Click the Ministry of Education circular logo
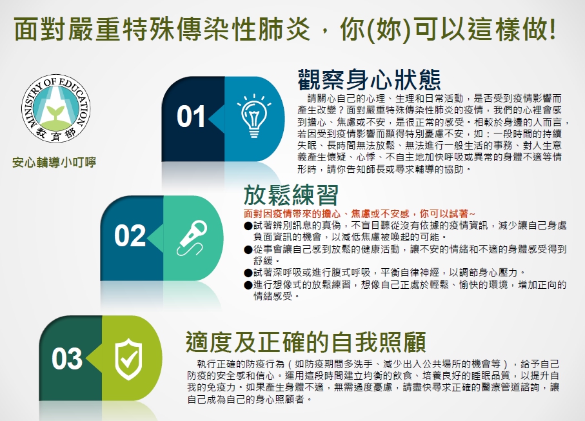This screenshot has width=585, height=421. tap(55, 108)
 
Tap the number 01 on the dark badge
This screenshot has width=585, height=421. tap(191, 116)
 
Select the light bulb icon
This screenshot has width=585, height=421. tap(254, 116)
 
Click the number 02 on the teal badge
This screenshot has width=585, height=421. tap(130, 236)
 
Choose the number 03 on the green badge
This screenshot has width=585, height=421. tap(67, 358)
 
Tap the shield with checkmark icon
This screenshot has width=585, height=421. tap(128, 358)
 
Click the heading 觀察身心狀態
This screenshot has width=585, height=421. tap(369, 79)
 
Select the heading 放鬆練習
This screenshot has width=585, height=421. tap(291, 195)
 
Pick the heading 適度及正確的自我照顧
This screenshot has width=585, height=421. tap(306, 342)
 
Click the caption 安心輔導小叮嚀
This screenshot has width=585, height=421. tap(54, 162)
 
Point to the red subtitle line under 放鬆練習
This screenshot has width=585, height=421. tap(360, 213)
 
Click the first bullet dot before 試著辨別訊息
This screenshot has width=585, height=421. tap(248, 226)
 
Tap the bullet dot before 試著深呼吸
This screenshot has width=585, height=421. tap(248, 273)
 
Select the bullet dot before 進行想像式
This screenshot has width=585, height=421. tap(248, 286)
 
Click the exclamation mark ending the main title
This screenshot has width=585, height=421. tap(552, 28)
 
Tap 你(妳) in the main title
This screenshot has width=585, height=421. tap(375, 28)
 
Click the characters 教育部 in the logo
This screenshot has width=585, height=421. tap(55, 134)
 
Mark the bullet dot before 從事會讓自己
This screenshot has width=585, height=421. tap(248, 250)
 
